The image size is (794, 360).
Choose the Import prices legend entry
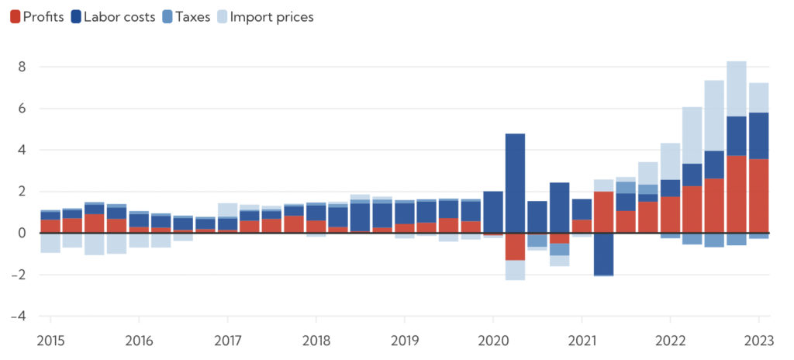click(x=264, y=16)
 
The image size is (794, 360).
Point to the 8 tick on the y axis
click(x=22, y=67)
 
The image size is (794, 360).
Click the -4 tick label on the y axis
click(x=19, y=317)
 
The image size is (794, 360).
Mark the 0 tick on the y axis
click(x=22, y=233)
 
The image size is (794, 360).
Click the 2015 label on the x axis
click(x=50, y=340)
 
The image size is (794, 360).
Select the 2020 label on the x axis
click(x=492, y=340)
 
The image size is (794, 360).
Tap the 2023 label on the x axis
click(x=758, y=340)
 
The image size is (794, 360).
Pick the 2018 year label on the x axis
click(x=316, y=340)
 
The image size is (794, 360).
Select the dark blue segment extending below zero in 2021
click(x=603, y=254)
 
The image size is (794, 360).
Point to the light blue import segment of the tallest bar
click(x=736, y=88)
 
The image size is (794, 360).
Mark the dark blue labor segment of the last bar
click(x=758, y=135)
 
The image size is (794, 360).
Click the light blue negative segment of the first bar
click(x=50, y=243)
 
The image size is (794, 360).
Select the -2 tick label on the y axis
click(x=19, y=275)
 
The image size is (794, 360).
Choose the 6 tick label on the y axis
click(x=22, y=109)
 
